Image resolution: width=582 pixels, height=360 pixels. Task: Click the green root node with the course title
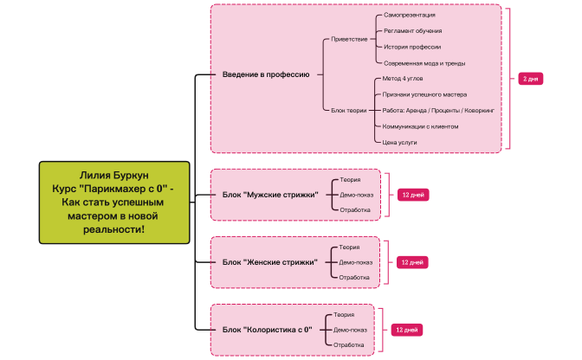point(114,202)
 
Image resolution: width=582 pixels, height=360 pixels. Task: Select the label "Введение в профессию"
point(265,74)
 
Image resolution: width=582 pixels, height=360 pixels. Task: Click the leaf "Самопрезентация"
point(409,16)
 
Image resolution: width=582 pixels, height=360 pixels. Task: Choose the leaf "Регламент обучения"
point(413,31)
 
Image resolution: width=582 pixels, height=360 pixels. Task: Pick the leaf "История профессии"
point(411,47)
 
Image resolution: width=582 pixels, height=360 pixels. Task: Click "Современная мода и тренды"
point(424,62)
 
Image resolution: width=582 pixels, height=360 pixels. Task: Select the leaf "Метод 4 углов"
point(403,78)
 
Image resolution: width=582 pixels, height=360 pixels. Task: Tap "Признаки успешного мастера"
point(424,93)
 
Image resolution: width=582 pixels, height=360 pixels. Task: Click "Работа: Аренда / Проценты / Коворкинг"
point(437,110)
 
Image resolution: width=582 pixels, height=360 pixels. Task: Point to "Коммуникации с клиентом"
point(420,125)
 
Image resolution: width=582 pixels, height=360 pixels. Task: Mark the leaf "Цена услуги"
point(399,141)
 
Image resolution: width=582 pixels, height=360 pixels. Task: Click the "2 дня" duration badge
point(531,79)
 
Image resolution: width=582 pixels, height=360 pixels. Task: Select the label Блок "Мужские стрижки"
point(269,195)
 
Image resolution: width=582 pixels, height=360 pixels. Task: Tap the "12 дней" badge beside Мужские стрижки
point(411,195)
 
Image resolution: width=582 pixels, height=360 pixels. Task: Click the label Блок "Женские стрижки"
point(269,262)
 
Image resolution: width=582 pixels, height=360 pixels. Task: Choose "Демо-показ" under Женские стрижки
point(355,262)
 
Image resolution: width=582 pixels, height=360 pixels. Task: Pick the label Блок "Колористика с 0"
point(267,330)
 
